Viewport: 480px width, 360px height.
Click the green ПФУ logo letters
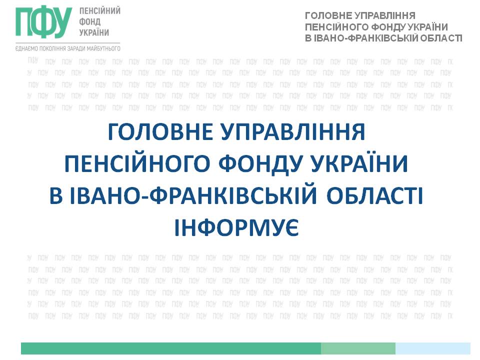44,22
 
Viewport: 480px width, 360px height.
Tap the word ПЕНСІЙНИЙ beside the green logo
100,10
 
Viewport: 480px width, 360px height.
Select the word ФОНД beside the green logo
89,22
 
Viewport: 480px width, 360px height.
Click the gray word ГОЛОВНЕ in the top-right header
326,15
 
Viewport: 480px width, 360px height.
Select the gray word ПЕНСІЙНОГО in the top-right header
336,27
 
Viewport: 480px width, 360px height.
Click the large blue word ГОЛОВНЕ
160,132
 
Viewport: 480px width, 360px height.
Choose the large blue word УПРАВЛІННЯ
293,132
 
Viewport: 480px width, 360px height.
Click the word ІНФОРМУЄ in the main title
236,228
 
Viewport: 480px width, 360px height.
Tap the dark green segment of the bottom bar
171,348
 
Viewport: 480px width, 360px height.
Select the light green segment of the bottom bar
358,348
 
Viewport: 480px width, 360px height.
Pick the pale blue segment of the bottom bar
433,348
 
